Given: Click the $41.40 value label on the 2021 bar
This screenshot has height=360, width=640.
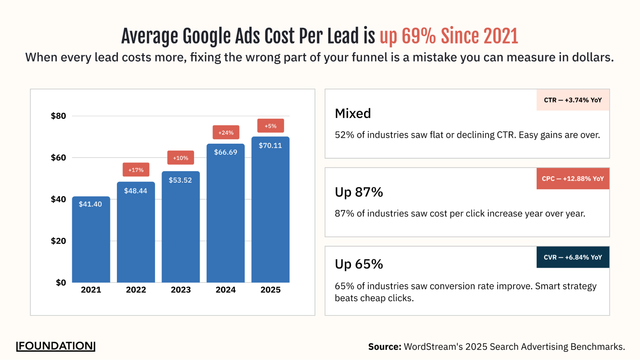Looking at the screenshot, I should (x=90, y=204).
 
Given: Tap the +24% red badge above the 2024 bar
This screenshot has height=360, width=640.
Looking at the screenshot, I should (x=226, y=132).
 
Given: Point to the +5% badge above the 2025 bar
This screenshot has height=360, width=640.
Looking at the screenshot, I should (x=271, y=126).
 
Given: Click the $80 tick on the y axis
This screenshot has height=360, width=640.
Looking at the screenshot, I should (x=58, y=116).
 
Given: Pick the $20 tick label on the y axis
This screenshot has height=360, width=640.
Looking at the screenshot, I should (x=58, y=241).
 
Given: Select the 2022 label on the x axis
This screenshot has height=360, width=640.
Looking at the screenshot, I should (x=136, y=290).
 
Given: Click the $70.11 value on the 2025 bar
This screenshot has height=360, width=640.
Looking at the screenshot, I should (x=270, y=146).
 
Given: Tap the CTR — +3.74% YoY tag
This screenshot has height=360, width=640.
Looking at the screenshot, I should (x=573, y=100).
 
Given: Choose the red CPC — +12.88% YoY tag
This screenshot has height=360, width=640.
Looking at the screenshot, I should (x=573, y=179).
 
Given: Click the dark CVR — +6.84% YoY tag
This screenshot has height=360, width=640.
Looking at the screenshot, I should (x=573, y=257).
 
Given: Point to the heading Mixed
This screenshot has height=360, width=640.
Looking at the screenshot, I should (x=353, y=114).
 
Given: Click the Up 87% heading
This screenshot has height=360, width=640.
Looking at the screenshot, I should (x=359, y=192).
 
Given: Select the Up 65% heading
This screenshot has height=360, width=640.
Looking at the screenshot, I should (x=359, y=264).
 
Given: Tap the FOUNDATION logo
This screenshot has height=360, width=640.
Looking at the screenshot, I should (x=56, y=346).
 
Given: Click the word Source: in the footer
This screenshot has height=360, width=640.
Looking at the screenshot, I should (x=385, y=347).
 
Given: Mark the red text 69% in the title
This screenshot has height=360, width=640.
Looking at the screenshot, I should (x=418, y=36).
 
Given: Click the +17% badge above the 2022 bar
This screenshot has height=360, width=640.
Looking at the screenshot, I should (x=136, y=170).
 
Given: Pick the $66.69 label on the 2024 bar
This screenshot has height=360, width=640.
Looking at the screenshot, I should (x=225, y=152).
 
